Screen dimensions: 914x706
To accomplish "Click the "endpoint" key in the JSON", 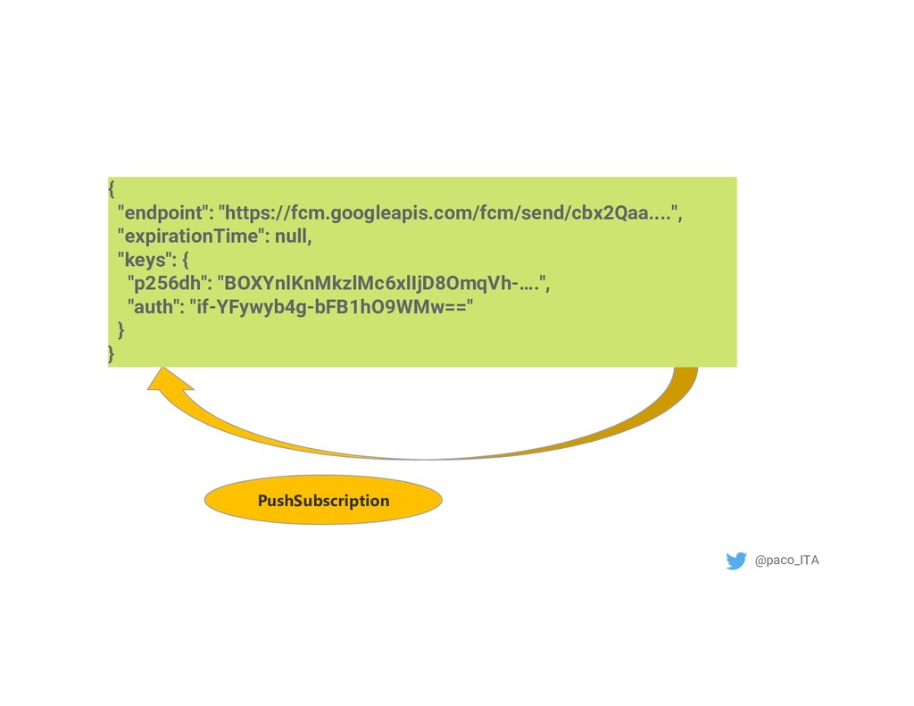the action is pyautogui.click(x=165, y=214).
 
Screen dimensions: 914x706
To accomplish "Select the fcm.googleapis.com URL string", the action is pyautogui.click(x=451, y=214).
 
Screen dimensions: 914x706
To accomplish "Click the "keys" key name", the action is pyautogui.click(x=143, y=261).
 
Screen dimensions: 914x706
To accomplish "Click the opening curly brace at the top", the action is pyautogui.click(x=112, y=190).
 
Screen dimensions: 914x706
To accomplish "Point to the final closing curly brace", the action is pyautogui.click(x=112, y=354).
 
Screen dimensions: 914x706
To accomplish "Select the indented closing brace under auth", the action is pyautogui.click(x=122, y=331).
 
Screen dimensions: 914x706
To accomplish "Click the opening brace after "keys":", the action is pyautogui.click(x=185, y=261).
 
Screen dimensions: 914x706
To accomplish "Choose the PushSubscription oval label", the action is pyautogui.click(x=323, y=500).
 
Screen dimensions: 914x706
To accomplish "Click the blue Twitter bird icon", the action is pyautogui.click(x=736, y=561).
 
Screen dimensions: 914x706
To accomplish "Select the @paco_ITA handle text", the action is pyautogui.click(x=786, y=561).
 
